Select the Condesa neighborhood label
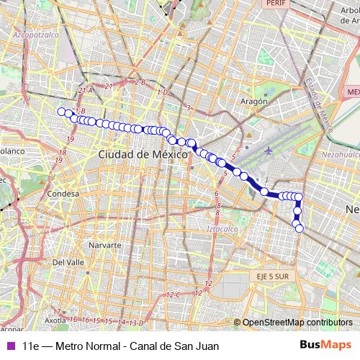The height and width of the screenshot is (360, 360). [61, 194]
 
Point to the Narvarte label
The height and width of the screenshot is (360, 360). [104, 245]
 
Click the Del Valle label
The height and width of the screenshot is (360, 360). [70, 262]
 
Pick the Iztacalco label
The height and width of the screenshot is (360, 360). [222, 228]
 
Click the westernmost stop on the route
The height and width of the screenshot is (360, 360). [61, 111]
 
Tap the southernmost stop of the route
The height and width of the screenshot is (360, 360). [300, 229]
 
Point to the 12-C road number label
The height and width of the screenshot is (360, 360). [173, 295]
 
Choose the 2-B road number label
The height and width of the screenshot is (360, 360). [140, 83]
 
